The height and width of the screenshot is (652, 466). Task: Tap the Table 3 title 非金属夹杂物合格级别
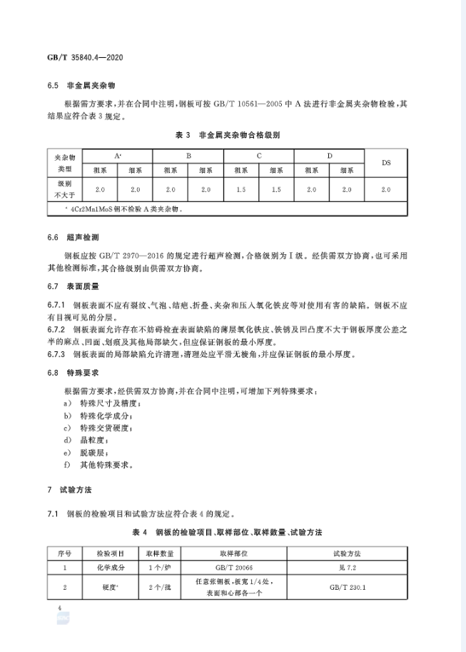[x=227, y=134]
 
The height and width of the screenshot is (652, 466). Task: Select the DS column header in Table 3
[x=385, y=162]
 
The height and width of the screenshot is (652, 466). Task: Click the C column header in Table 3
[x=259, y=155]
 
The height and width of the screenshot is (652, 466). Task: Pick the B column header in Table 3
[x=188, y=155]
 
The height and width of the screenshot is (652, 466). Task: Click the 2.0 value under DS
[x=385, y=189]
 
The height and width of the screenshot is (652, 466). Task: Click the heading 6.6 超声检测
[x=71, y=236]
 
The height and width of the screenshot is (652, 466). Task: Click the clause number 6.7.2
[x=55, y=328]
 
